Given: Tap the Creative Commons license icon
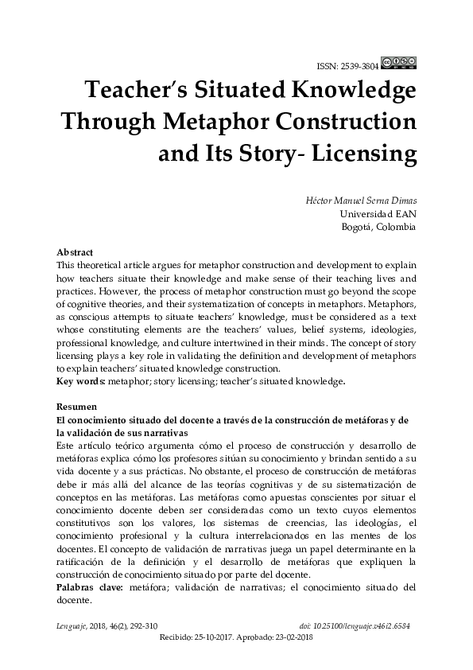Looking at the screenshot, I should (x=399, y=62).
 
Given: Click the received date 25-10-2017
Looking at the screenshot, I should (x=219, y=637).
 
